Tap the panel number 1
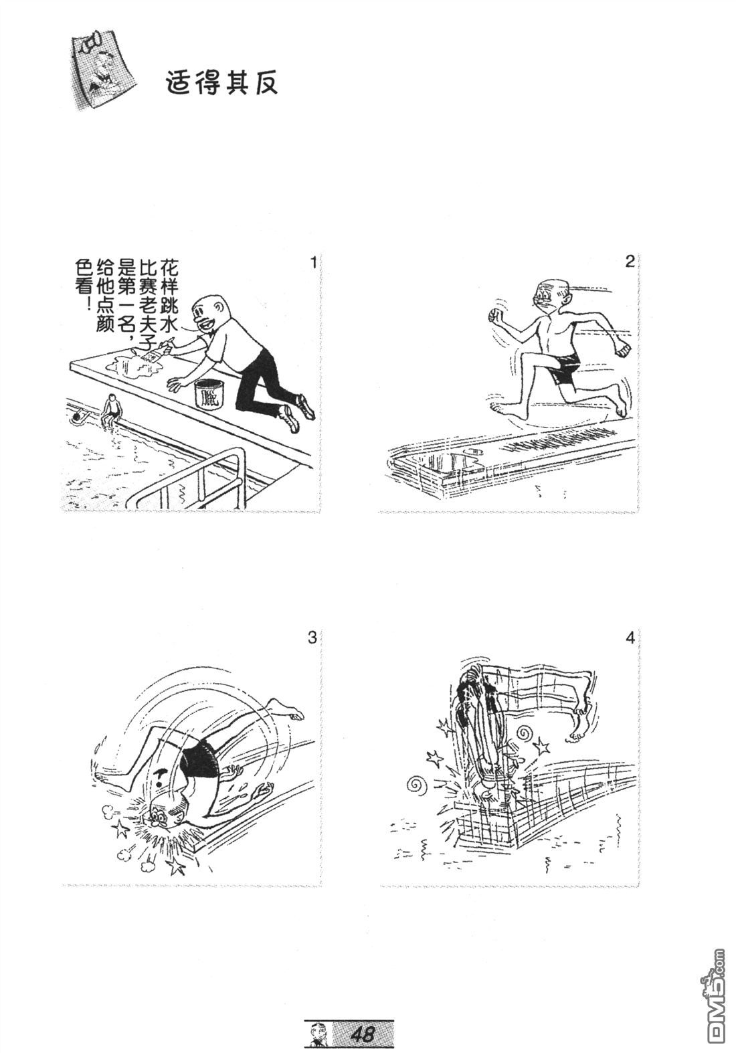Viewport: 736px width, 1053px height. pos(313,262)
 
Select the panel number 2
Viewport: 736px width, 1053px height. pos(630,262)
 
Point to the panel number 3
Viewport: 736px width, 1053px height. pos(312,638)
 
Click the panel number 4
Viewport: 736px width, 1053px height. pos(630,638)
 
